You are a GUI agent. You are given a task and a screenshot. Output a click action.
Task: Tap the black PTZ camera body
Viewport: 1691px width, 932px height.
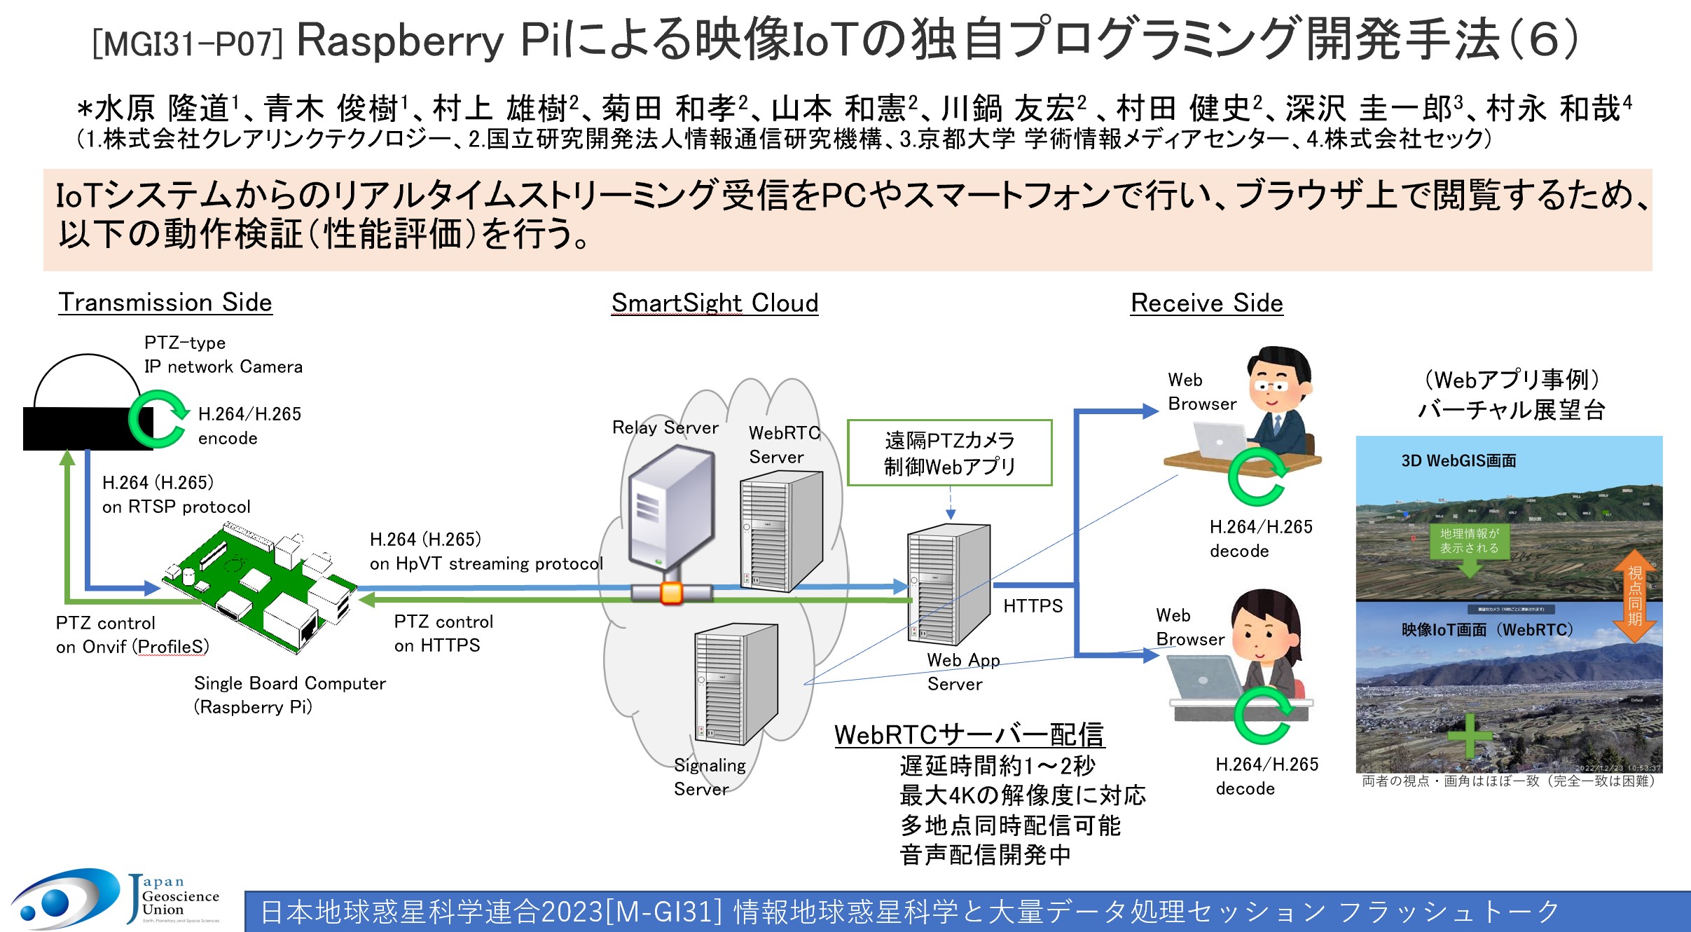[x=77, y=428]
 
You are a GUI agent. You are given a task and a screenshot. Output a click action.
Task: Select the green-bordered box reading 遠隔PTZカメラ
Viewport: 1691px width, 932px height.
[x=949, y=453]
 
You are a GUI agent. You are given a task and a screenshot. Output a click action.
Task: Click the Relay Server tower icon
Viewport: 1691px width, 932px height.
[x=670, y=512]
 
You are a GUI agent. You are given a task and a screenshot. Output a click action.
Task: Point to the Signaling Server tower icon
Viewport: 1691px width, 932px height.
[x=735, y=683]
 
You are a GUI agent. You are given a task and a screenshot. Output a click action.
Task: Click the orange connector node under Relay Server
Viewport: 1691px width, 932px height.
[x=671, y=593]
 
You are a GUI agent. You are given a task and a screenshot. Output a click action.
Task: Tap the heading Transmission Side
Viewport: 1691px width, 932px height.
[x=165, y=303]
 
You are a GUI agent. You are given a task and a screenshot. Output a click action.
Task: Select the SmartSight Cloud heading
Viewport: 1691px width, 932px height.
[x=715, y=303]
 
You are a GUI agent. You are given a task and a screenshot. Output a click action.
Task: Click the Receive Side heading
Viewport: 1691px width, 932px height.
[x=1206, y=303]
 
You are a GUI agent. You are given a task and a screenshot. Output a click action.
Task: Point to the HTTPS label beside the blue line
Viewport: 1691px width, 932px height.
[x=1033, y=606]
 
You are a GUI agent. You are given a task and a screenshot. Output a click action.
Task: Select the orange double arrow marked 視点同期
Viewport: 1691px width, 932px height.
[x=1634, y=596]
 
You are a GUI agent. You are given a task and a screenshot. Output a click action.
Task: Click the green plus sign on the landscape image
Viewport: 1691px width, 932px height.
[x=1468, y=736]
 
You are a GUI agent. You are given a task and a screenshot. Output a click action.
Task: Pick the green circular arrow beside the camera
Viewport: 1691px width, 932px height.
[x=157, y=419]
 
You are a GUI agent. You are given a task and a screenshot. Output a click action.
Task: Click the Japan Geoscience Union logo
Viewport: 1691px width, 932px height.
[x=116, y=899]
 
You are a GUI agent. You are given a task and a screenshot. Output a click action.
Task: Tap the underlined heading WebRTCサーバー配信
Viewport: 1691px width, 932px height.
[x=969, y=735]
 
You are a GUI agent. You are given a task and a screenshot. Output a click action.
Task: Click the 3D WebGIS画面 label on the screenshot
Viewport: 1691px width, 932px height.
[x=1458, y=461]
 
